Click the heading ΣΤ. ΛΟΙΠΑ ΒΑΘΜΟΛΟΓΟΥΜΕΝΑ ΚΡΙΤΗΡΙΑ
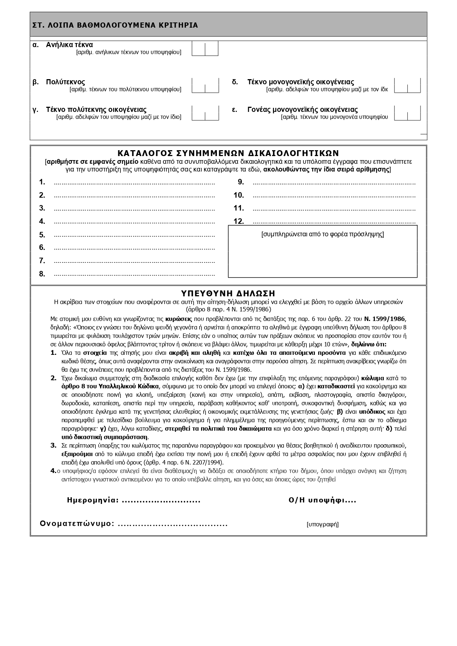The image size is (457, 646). pyautogui.click(x=115, y=25)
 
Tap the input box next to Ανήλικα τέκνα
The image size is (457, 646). pyautogui.click(x=205, y=49)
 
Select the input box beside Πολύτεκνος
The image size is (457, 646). pyautogui.click(x=205, y=85)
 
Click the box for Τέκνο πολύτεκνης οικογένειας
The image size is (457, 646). pyautogui.click(x=205, y=113)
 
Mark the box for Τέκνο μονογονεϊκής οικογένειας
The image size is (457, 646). pyautogui.click(x=407, y=85)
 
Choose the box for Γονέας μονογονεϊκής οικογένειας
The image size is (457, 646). pyautogui.click(x=407, y=113)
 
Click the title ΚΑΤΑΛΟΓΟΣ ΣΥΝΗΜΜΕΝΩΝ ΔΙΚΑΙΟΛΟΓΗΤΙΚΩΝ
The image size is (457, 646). pyautogui.click(x=228, y=153)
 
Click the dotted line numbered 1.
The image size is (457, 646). pyautogui.click(x=134, y=183)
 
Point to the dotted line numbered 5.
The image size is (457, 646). pyautogui.click(x=134, y=236)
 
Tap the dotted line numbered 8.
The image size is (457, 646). pyautogui.click(x=134, y=275)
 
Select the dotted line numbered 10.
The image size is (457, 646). pyautogui.click(x=334, y=196)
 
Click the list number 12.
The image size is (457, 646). pyautogui.click(x=239, y=222)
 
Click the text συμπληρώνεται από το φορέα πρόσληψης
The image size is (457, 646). pyautogui.click(x=323, y=234)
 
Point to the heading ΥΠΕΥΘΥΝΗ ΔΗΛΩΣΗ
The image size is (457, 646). pyautogui.click(x=228, y=293)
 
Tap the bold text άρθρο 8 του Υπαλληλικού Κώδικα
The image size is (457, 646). pyautogui.click(x=110, y=386)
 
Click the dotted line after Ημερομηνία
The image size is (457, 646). pyautogui.click(x=161, y=501)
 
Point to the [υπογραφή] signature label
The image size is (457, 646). pyautogui.click(x=322, y=525)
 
